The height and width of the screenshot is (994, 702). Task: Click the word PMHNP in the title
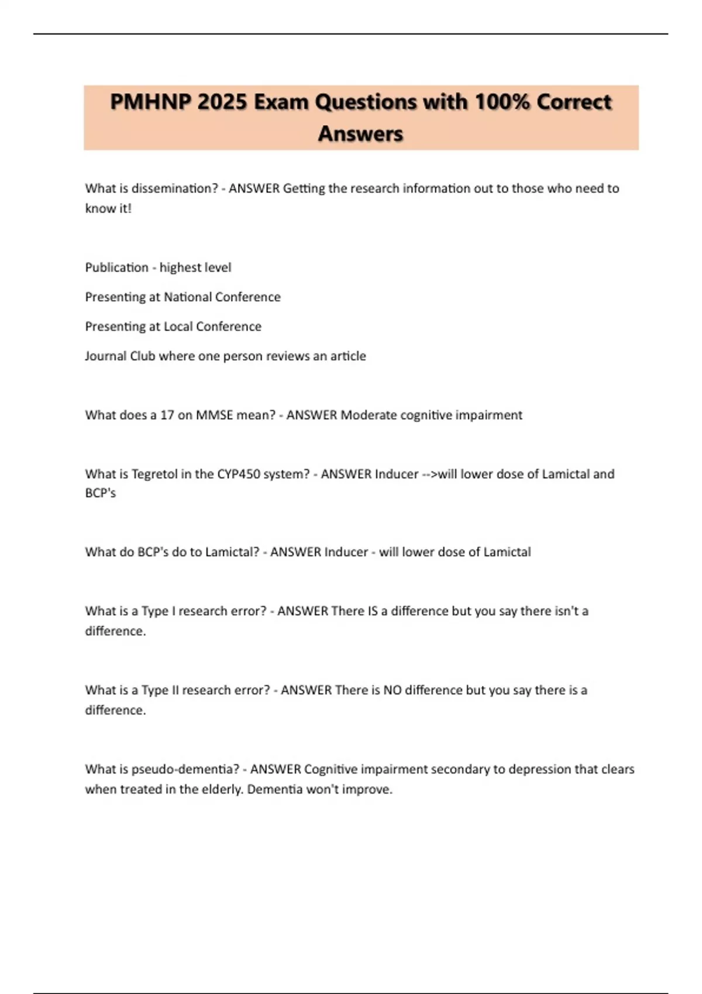tap(150, 102)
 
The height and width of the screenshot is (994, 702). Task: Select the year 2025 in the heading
tap(222, 102)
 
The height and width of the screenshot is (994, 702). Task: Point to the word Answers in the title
tap(360, 134)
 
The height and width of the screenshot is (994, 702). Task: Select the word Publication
tap(116, 267)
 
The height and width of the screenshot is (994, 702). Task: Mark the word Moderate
tap(369, 415)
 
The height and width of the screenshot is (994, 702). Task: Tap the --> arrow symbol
tap(429, 474)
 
